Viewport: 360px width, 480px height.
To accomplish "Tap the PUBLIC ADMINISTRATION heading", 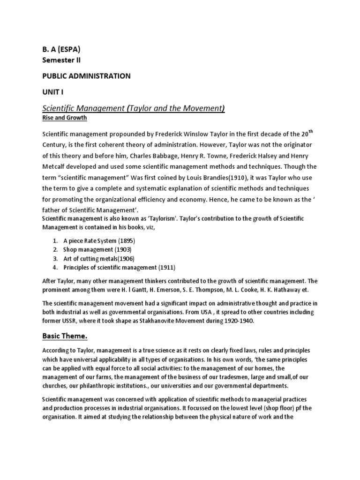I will point(86,76).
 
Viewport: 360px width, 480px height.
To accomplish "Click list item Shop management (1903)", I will point(97,249).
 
